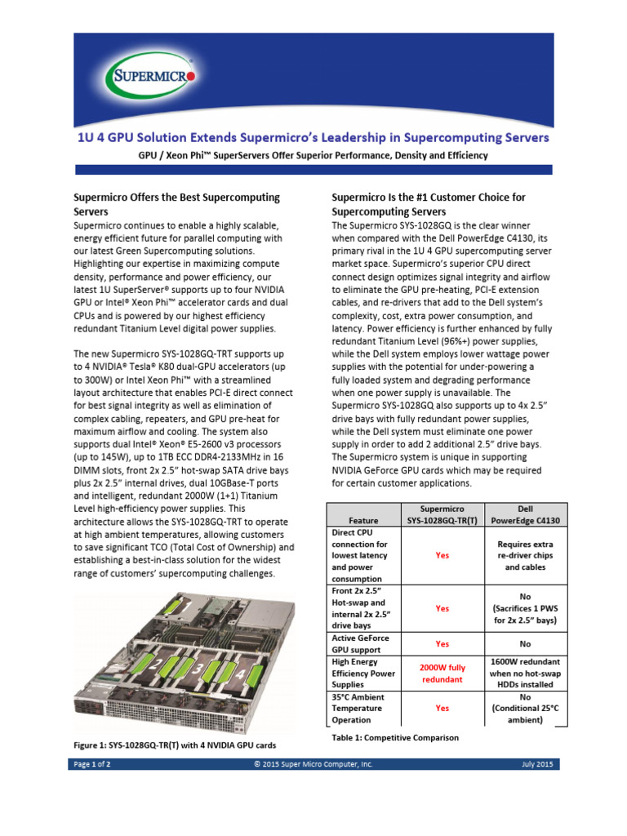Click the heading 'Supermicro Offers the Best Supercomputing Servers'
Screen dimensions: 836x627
point(176,204)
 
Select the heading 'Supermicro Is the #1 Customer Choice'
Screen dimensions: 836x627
point(429,204)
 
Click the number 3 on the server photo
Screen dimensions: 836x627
point(198,669)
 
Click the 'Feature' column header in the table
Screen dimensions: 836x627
point(362,519)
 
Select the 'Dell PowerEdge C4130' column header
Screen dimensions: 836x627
point(527,514)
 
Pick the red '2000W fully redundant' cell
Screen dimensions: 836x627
point(442,674)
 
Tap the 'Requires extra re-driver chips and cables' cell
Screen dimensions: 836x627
point(527,555)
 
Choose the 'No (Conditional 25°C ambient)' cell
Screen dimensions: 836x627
point(527,709)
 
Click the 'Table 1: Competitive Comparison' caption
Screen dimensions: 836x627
point(395,737)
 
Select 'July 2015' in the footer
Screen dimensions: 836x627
point(537,764)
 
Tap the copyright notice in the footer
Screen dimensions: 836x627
point(313,764)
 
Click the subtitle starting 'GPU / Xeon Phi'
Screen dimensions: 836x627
point(313,155)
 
